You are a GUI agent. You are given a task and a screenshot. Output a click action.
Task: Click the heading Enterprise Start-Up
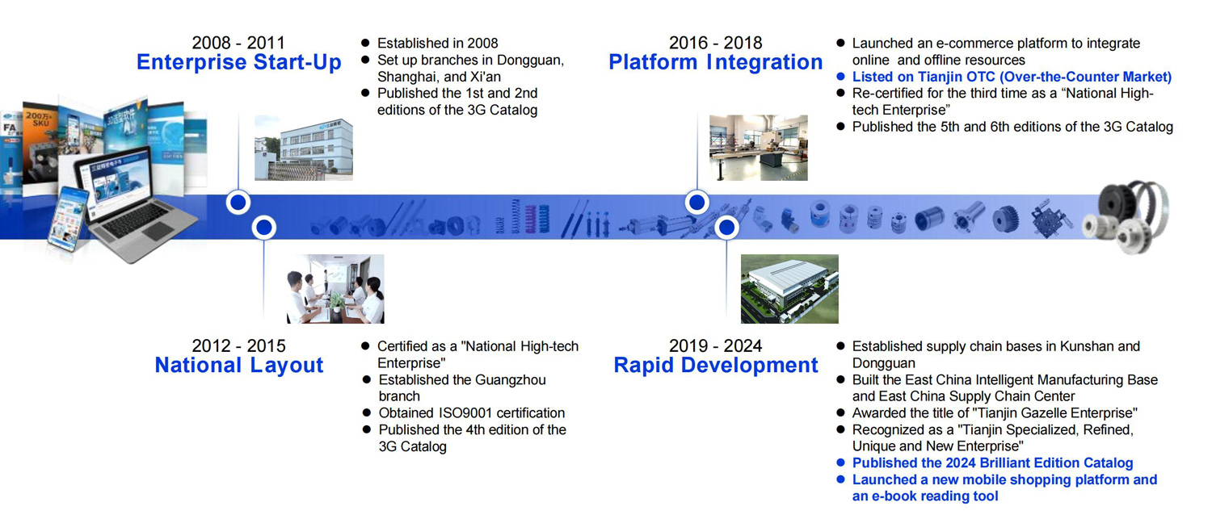[x=238, y=62]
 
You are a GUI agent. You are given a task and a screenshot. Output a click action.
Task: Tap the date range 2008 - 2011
[x=238, y=43]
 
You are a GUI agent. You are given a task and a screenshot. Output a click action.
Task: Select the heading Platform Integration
[x=715, y=62]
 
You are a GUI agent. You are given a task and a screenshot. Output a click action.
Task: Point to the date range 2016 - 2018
[x=715, y=43]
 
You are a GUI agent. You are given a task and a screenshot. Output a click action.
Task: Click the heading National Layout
[x=238, y=365]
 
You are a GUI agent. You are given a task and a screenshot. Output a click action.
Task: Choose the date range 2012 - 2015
[x=238, y=345]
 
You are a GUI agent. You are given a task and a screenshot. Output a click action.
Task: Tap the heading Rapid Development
[x=715, y=365]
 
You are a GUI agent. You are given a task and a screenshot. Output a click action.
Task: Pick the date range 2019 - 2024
[x=715, y=345]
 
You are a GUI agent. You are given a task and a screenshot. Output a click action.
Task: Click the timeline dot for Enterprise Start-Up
[x=238, y=203]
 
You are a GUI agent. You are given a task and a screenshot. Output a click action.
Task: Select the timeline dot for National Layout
[x=264, y=228]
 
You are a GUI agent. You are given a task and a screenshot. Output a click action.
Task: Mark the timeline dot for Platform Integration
[x=696, y=203]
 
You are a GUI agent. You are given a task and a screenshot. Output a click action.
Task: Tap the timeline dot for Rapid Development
[x=726, y=228]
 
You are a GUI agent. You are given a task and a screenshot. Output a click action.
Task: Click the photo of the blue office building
[x=304, y=148]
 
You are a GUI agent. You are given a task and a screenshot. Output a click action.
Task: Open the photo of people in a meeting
[x=335, y=289]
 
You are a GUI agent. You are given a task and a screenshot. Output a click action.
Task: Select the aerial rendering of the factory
[x=789, y=289]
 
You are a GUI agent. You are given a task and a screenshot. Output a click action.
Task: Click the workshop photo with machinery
[x=759, y=148]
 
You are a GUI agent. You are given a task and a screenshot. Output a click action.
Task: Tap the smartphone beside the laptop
[x=68, y=219]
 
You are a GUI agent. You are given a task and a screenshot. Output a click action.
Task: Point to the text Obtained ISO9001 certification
[x=471, y=413]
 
